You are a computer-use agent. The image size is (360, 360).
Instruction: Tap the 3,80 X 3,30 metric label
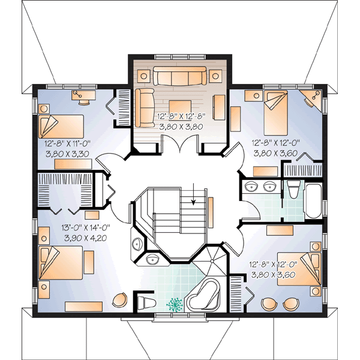coord(67,154)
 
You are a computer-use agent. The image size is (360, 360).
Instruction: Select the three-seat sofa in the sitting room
coord(179,76)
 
